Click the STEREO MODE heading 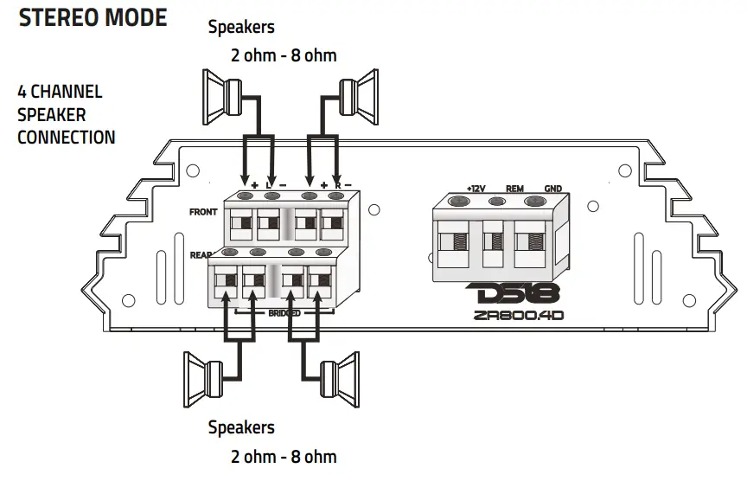[x=93, y=17]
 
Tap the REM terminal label [x=514, y=188]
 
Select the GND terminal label [x=552, y=188]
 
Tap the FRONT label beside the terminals [x=203, y=211]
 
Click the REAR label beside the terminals [x=201, y=255]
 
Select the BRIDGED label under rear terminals [x=284, y=313]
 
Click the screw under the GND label [x=536, y=202]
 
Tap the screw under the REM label [x=497, y=202]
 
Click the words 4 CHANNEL [x=60, y=92]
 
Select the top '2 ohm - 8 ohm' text [x=284, y=55]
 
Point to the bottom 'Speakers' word [x=241, y=427]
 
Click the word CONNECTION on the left [x=66, y=137]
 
